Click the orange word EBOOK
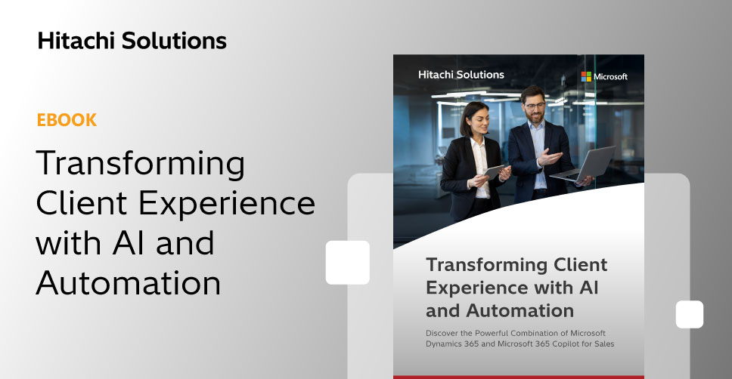(67, 120)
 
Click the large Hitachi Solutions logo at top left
(132, 41)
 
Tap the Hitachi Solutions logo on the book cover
(461, 75)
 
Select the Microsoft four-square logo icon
(586, 76)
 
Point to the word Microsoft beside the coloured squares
(610, 76)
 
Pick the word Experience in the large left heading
(227, 204)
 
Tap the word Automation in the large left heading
(129, 283)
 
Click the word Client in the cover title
(580, 264)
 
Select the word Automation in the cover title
(520, 310)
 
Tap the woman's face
(478, 120)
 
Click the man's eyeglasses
(535, 106)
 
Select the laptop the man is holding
(583, 165)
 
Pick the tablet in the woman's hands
(494, 172)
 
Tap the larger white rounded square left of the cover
(348, 263)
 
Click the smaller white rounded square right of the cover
(690, 314)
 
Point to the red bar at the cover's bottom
(519, 377)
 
